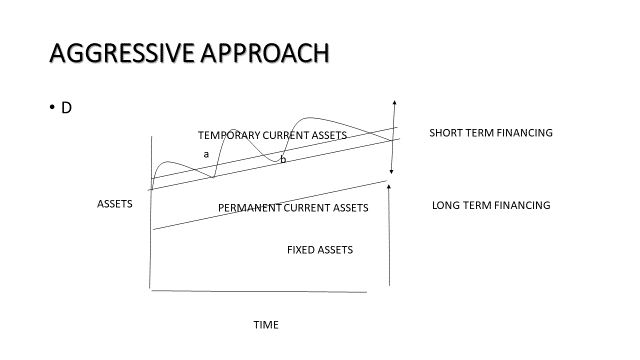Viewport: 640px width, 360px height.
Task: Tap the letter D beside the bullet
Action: [x=66, y=106]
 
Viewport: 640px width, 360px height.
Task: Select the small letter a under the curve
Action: [x=207, y=154]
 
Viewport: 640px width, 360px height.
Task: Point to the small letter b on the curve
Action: [x=283, y=159]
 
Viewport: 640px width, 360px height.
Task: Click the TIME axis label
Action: [x=266, y=325]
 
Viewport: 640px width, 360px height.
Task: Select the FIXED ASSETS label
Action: [x=319, y=249]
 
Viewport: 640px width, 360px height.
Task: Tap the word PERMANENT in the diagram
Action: [x=250, y=208]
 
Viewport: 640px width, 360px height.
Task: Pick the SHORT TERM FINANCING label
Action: [x=491, y=133]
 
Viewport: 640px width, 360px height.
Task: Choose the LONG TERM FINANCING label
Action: [x=491, y=205]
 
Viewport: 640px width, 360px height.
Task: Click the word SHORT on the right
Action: [x=446, y=133]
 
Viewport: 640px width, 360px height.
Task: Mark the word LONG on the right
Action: [x=445, y=205]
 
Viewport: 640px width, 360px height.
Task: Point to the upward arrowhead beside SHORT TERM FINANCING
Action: [x=396, y=103]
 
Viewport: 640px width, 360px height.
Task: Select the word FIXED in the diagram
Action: [x=302, y=249]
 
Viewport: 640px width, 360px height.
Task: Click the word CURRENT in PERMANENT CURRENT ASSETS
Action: [x=311, y=208]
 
